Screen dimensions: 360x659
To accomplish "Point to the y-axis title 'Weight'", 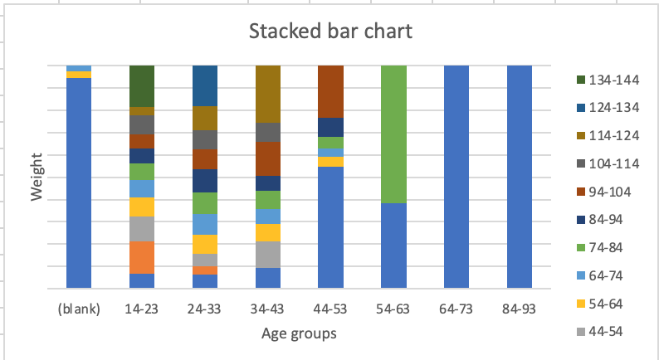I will tap(37, 182).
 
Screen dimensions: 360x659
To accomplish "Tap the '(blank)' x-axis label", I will tap(79, 309).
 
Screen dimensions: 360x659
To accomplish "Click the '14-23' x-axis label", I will tap(142, 309).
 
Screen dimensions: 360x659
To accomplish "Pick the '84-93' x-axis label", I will tap(520, 309).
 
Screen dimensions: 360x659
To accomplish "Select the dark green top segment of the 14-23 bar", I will tap(142, 85).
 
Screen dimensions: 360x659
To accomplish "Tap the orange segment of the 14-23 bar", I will tap(142, 257).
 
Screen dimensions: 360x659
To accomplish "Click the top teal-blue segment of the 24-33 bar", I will tap(205, 85).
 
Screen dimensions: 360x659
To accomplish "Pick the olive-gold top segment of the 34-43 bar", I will tap(268, 93).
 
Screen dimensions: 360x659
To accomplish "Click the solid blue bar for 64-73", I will tap(456, 176).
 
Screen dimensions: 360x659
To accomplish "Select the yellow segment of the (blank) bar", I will tap(79, 75).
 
